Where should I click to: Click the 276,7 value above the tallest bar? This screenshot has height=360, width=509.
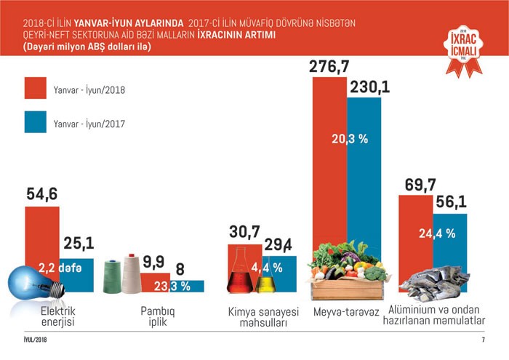[x=330, y=66]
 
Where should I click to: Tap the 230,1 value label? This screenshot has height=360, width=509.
[x=370, y=87]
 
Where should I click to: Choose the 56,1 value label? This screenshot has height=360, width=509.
[x=451, y=203]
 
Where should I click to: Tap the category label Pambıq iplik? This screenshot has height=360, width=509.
[x=158, y=317]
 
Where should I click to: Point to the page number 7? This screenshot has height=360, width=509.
[x=482, y=341]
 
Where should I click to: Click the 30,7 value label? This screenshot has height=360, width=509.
[x=244, y=233]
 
